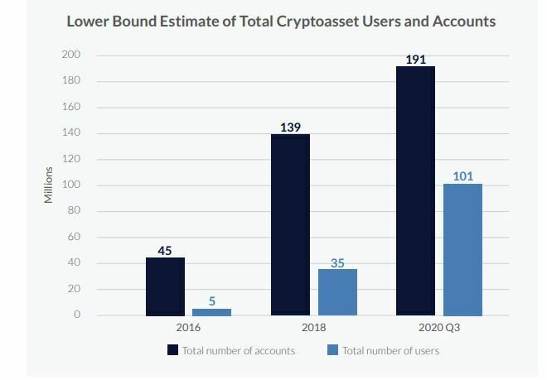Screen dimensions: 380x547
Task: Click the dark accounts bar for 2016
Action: (165, 286)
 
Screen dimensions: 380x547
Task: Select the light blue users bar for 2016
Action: (211, 312)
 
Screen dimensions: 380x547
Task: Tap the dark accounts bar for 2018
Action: (290, 224)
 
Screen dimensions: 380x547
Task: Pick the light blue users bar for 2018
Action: (337, 292)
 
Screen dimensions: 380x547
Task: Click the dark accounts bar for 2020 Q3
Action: (415, 190)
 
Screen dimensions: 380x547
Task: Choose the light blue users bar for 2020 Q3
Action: (462, 249)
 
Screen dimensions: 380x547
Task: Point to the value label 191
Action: (415, 60)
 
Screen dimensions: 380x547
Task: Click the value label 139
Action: (290, 127)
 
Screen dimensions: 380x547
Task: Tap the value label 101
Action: (462, 176)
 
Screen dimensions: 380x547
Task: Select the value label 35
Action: (337, 262)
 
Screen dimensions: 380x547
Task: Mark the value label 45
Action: (165, 250)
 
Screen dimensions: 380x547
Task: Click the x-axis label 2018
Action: (313, 328)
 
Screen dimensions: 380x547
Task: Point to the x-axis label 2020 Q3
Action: (439, 328)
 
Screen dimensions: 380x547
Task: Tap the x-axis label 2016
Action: (188, 328)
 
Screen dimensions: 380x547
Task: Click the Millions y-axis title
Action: (49, 185)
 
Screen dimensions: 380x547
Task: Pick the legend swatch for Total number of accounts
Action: (172, 350)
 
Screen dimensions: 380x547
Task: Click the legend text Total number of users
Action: (390, 350)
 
